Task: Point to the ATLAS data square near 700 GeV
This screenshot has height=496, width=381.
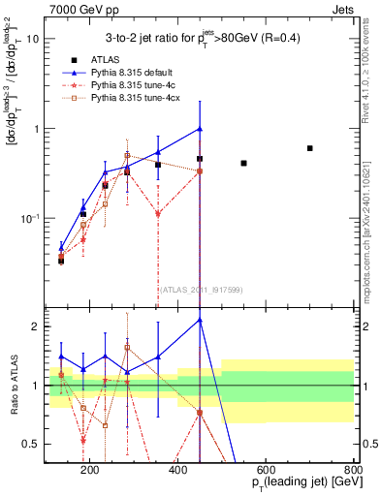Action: point(309,148)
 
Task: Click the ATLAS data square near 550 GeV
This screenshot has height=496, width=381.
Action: point(243,163)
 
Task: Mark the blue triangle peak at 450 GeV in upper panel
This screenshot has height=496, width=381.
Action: point(200,129)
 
